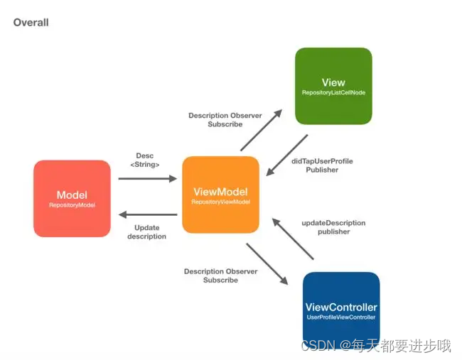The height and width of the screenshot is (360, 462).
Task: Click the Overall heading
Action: tap(31, 23)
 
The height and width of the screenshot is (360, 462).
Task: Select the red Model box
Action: tap(72, 198)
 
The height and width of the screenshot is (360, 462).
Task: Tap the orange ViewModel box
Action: tap(220, 195)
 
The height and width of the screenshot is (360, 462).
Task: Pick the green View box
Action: tap(333, 86)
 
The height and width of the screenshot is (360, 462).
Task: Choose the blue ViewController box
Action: tap(341, 310)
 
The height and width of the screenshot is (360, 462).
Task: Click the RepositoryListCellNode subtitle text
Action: tap(333, 93)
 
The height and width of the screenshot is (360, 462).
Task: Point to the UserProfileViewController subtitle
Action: tap(341, 317)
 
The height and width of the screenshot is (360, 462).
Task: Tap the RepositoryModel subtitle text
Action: tap(72, 205)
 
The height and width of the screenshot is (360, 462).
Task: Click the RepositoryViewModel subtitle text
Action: tap(220, 202)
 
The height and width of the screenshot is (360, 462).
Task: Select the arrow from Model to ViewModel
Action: tap(147, 178)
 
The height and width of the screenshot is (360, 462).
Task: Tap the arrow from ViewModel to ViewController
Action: tap(267, 264)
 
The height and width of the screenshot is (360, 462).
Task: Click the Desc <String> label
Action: tap(145, 160)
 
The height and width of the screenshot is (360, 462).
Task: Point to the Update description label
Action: tap(147, 232)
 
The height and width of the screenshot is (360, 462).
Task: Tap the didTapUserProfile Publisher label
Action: tap(322, 165)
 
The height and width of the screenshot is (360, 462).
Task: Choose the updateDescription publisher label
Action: tap(333, 227)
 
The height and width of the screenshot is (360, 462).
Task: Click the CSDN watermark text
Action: tap(376, 346)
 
